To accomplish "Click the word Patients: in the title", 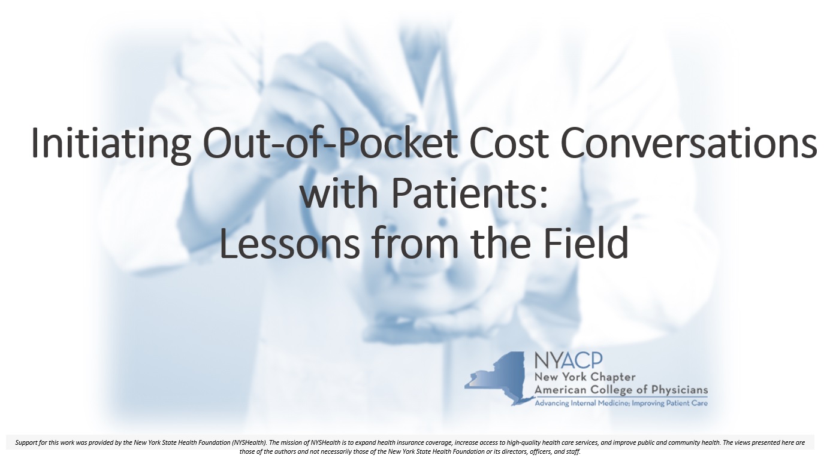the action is [x=470, y=193].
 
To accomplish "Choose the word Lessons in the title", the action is [x=289, y=243].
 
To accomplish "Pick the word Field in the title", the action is [x=586, y=242].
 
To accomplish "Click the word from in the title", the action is [x=415, y=242].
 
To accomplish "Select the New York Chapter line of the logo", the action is [x=585, y=378].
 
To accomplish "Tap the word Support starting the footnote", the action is [x=26, y=443].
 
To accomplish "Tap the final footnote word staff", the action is [x=574, y=451].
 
